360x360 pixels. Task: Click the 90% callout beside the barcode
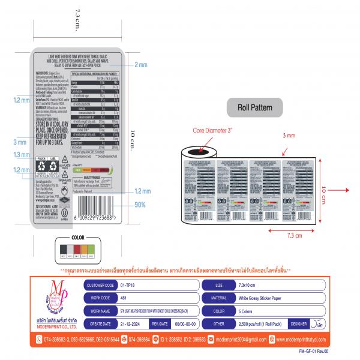point(140,205)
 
